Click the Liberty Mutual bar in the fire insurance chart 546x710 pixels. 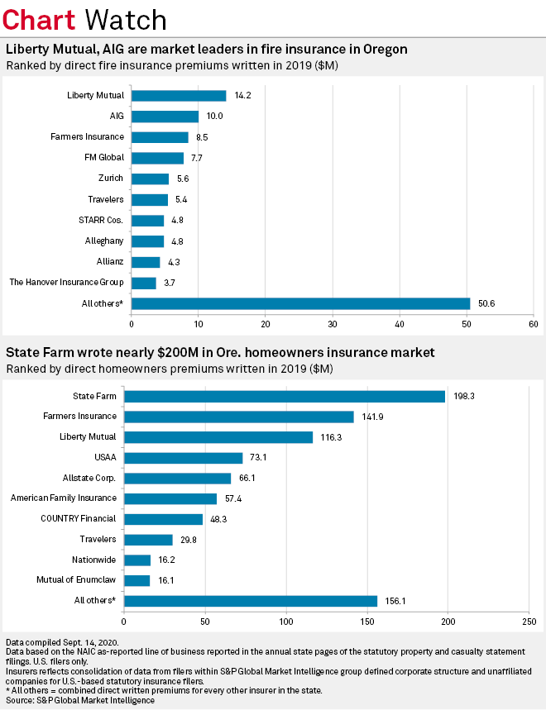(x=179, y=95)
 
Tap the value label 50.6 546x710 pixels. (x=486, y=304)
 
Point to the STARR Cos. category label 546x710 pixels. (x=102, y=221)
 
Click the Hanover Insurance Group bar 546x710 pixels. (x=143, y=284)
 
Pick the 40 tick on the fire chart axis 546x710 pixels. (x=400, y=322)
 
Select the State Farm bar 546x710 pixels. (x=284, y=396)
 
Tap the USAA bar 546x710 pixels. (x=183, y=458)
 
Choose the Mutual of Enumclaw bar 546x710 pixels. (x=136, y=581)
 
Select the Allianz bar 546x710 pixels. (x=146, y=262)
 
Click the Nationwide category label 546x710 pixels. (x=93, y=560)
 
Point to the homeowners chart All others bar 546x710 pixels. (x=250, y=601)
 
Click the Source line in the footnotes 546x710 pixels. (x=79, y=700)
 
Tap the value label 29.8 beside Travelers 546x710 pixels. (x=189, y=541)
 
